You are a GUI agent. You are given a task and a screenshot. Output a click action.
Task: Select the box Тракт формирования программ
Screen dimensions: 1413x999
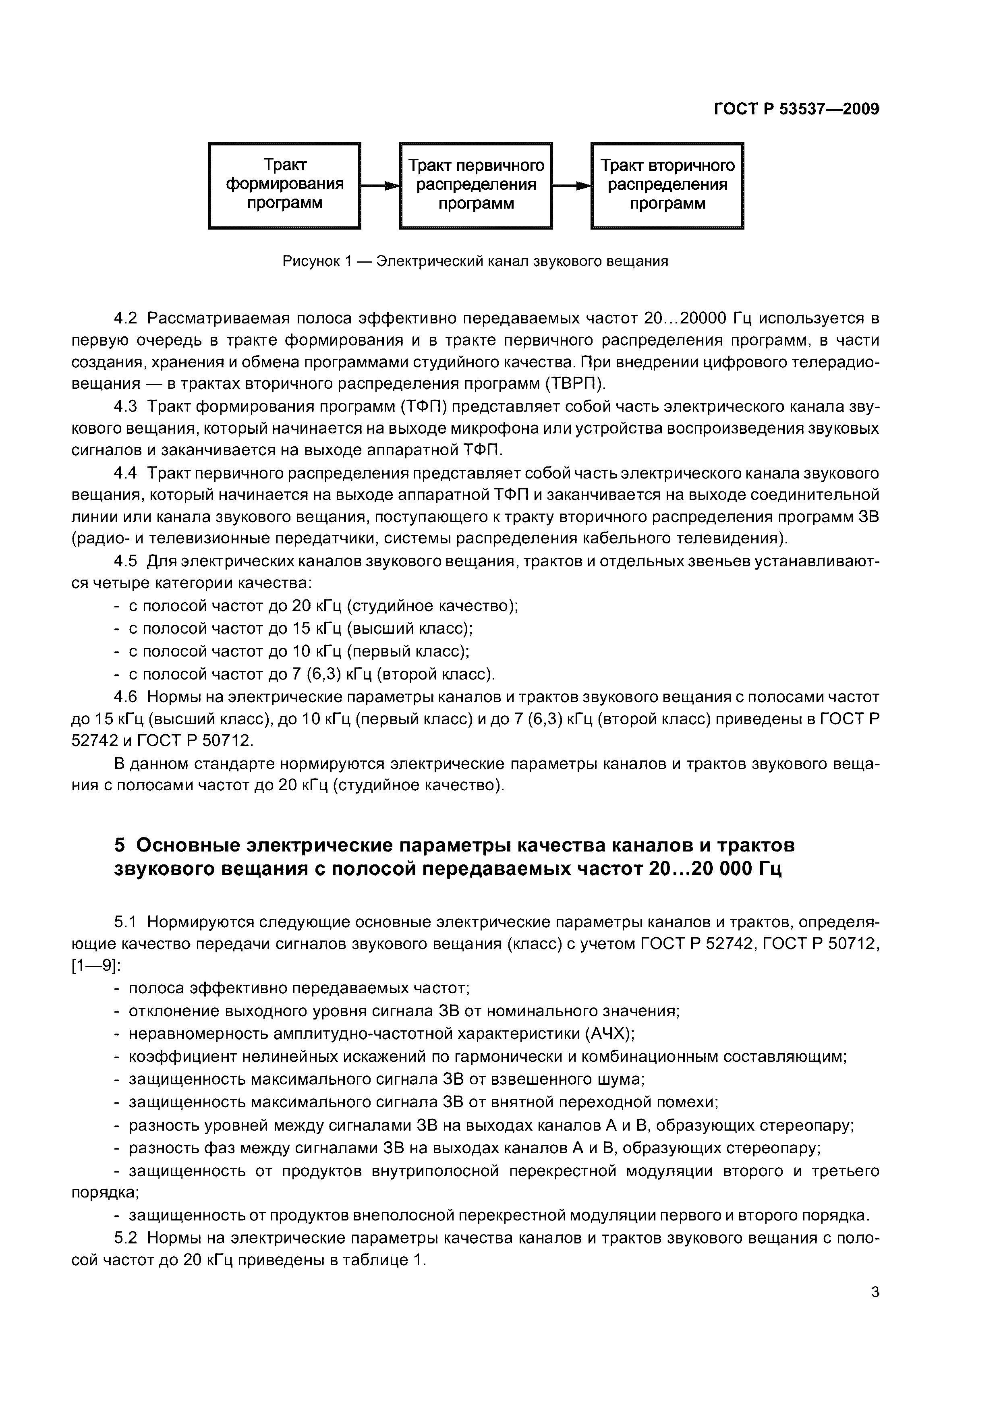tap(284, 185)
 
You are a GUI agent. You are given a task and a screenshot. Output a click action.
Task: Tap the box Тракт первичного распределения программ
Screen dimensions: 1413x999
tap(476, 185)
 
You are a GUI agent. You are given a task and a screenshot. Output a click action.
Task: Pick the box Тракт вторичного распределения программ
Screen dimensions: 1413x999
tap(667, 185)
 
